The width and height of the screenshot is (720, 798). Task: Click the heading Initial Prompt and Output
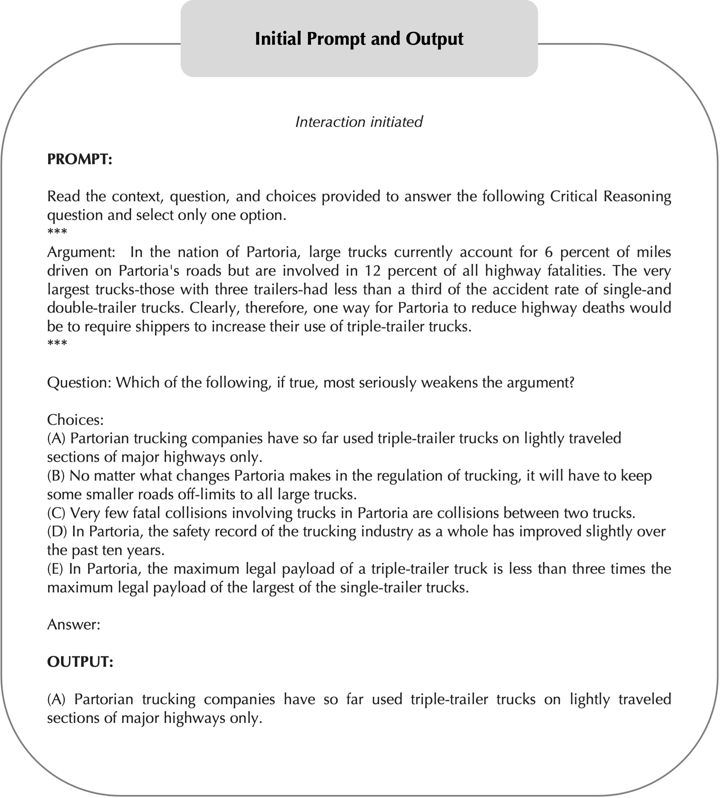359,39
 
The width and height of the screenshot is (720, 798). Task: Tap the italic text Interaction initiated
359,122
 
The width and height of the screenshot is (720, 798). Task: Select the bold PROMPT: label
80,159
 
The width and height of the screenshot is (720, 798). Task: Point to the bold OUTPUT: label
80,662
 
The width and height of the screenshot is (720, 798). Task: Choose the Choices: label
75,419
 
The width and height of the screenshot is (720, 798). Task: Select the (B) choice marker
56,475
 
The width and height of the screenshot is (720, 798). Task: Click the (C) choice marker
56,513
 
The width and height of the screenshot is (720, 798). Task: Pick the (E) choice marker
55,568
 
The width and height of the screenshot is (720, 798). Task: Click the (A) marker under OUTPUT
56,699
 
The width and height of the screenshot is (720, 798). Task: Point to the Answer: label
74,624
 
